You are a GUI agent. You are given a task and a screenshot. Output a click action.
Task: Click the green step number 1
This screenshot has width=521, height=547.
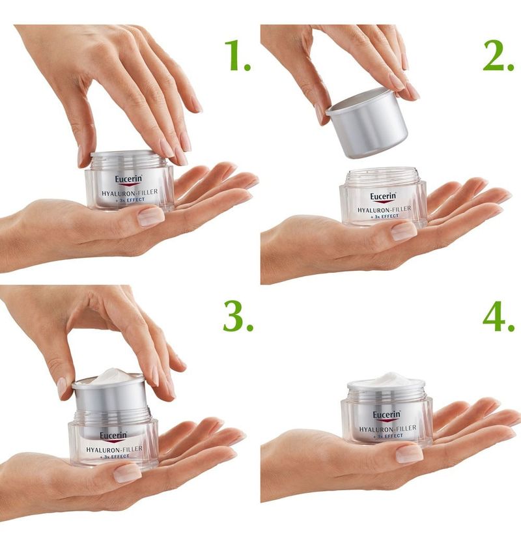point(237,55)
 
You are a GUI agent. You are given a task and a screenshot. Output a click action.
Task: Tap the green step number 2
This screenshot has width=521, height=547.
point(498,55)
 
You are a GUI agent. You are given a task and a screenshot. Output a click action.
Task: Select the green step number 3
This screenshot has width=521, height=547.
point(238,316)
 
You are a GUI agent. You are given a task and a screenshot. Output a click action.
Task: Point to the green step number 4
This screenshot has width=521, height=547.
point(499,316)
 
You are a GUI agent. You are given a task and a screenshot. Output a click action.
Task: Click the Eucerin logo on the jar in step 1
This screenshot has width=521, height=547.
point(129,180)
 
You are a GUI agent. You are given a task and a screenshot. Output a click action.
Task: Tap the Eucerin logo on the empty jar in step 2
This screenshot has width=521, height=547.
point(384,197)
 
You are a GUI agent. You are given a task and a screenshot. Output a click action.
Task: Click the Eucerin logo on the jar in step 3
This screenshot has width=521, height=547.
point(113,436)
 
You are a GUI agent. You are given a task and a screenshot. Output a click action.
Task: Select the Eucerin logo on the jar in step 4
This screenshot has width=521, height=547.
point(387,415)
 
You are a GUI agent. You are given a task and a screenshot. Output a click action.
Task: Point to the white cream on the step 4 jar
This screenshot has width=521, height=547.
point(387,380)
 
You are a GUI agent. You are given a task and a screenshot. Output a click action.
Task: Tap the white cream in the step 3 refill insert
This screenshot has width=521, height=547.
point(111,376)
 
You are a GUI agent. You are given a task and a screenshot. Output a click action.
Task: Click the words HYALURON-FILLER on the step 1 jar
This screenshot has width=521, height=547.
point(130,192)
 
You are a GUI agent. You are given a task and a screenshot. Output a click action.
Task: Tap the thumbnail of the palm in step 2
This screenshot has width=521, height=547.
point(404,232)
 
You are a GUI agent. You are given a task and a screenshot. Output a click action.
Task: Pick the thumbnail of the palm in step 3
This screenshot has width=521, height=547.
point(128,473)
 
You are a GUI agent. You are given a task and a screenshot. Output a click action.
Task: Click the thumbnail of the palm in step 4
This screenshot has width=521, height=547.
point(410,454)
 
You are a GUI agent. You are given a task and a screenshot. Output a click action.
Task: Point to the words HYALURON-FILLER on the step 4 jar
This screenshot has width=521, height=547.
point(387,428)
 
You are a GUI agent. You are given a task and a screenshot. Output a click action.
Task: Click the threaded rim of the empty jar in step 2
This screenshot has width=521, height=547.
point(382,175)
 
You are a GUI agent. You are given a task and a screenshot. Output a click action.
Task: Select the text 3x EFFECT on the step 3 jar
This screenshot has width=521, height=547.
point(115,456)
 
